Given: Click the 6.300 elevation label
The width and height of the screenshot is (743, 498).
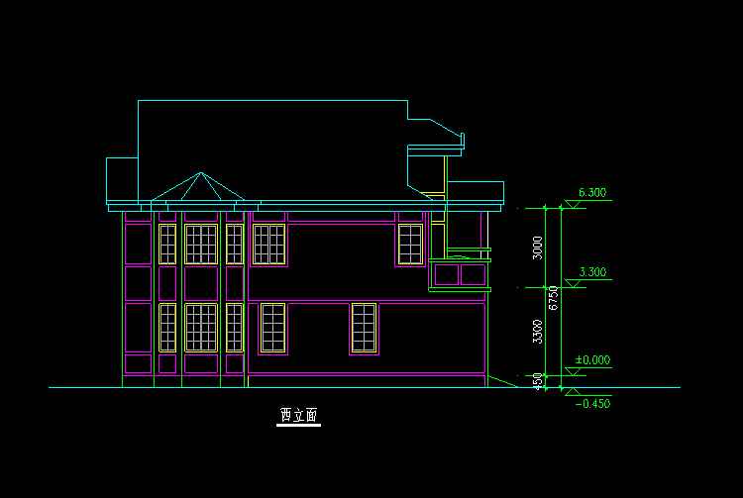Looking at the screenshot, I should (591, 193).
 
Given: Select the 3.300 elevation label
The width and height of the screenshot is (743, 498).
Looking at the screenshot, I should (591, 272).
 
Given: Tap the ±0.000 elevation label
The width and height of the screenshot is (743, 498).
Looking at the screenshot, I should (592, 360).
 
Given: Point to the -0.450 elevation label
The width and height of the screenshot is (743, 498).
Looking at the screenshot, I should (591, 403).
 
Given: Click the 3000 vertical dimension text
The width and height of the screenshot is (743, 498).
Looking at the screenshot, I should (538, 247).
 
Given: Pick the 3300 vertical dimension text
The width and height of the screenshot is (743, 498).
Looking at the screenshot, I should (538, 331).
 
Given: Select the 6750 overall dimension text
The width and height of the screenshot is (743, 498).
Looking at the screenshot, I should (554, 296).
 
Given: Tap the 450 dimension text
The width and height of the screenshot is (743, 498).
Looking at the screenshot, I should (538, 380).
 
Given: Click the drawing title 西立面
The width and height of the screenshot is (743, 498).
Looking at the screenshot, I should (298, 415).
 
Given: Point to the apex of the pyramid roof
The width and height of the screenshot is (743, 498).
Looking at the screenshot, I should (201, 172).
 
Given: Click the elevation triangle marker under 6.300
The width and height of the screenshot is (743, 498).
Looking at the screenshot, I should (571, 205).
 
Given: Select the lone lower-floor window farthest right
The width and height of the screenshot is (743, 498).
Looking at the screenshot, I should (364, 328).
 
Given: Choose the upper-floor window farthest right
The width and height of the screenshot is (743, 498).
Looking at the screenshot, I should (410, 244).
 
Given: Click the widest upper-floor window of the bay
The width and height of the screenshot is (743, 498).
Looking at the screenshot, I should (201, 245).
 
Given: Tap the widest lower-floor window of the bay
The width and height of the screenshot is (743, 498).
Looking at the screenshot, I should (201, 327).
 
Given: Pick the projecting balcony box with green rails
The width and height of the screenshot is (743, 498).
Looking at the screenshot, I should (460, 272).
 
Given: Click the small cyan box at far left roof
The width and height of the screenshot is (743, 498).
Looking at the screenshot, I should (122, 179).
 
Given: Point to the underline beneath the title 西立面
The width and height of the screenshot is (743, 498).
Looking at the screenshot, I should (298, 425).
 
